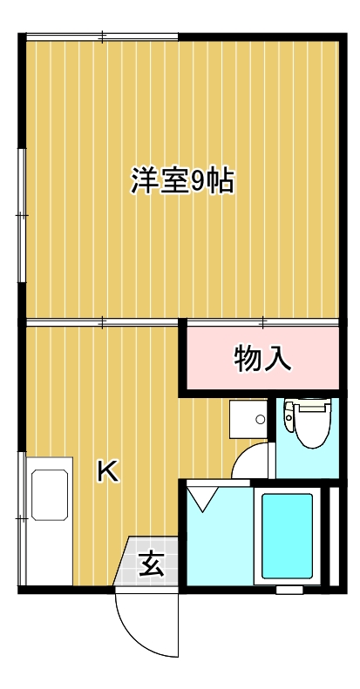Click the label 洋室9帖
[x=182, y=180]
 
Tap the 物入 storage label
[x=262, y=358]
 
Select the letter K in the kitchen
[x=107, y=471]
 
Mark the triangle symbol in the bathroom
[x=206, y=499]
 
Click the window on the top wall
[x=102, y=37]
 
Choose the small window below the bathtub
[x=288, y=591]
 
